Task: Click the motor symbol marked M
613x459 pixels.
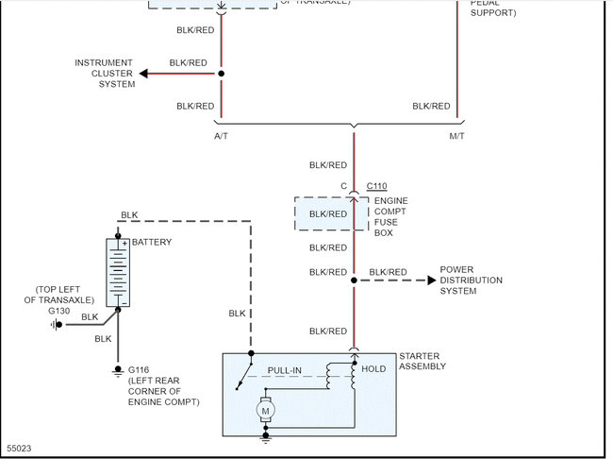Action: click(265, 410)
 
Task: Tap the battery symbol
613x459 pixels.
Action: click(118, 272)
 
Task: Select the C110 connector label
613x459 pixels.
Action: click(376, 187)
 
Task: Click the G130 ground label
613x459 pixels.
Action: click(59, 309)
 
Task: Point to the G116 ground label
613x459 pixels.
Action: click(139, 369)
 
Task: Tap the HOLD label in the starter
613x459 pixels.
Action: click(373, 369)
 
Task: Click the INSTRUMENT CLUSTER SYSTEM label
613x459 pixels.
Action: click(105, 74)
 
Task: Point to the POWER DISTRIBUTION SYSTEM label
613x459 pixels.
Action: click(471, 280)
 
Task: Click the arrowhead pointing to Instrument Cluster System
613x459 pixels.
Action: click(143, 74)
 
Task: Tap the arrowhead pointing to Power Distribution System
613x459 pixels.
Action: click(432, 280)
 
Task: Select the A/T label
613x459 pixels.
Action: click(222, 136)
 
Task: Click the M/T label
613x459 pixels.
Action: click(459, 136)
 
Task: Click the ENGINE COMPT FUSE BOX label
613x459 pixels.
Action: click(391, 216)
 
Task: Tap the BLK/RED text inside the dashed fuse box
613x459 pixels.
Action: click(328, 213)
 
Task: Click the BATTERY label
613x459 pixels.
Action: click(152, 243)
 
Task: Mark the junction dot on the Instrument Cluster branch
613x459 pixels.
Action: click(222, 74)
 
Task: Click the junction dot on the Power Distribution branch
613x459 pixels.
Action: click(355, 280)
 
